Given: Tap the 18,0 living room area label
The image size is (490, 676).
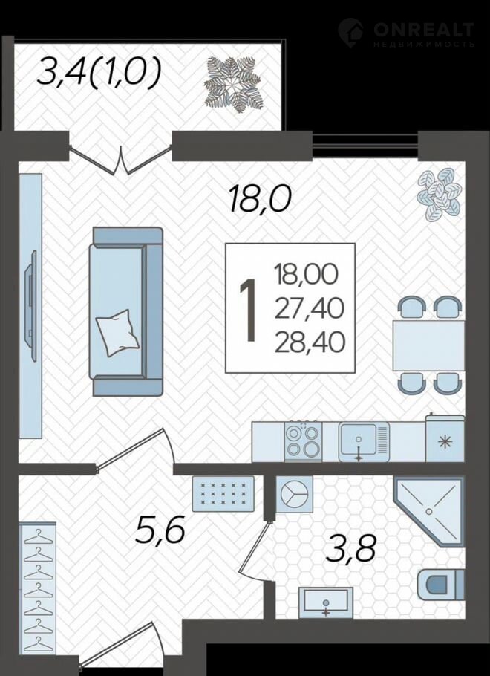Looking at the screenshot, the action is pos(261,199).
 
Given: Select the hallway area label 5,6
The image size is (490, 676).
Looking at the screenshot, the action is pos(160,530).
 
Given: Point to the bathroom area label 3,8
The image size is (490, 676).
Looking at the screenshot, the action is pos(351,548).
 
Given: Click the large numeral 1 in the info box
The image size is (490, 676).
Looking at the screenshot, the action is pos(249,310).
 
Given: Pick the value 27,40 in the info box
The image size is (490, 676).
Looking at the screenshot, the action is pos(309,309).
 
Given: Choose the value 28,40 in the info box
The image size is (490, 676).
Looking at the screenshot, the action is pos(310,343).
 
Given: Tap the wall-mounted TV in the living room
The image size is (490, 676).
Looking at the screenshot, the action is pos(30,305).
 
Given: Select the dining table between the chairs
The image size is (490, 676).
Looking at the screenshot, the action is pos(428,345).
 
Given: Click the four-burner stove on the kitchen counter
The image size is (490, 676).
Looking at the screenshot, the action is pos(303,441).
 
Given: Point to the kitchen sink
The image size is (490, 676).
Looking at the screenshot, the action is pos(364,441).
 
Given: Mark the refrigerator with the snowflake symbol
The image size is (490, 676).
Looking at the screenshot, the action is pos(445,438).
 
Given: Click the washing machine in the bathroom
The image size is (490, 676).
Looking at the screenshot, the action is pos(294,494).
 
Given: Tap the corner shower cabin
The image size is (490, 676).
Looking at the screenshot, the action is pos(430,511).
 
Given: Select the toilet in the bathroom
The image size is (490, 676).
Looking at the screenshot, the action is pos(441,585).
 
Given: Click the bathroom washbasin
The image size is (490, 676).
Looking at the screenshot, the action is pos(326,602).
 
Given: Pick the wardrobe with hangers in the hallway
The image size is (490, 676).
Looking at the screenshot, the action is pos(38,589).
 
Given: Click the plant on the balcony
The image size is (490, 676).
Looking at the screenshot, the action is pos(233,85).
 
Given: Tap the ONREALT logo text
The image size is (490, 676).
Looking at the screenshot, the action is pos(424,29).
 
